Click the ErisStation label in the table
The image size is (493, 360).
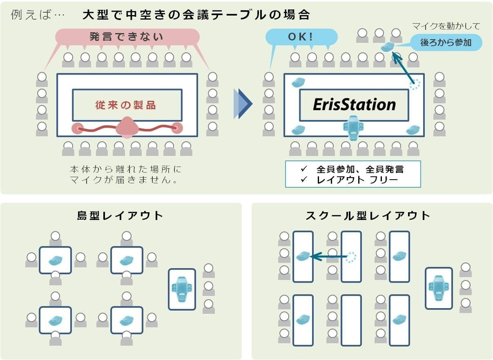pyautogui.click(x=354, y=104)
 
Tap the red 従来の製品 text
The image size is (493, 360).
pyautogui.click(x=126, y=105)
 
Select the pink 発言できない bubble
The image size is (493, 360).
pyautogui.click(x=126, y=37)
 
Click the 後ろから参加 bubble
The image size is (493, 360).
pyautogui.click(x=446, y=43)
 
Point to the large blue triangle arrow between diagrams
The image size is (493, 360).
pyautogui.click(x=243, y=103)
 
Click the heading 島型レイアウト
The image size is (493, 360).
pyautogui.click(x=121, y=215)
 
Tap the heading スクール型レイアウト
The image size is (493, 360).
pyautogui.click(x=367, y=215)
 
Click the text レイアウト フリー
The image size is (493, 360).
pyautogui.click(x=357, y=180)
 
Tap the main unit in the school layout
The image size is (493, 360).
pyautogui.click(x=438, y=288)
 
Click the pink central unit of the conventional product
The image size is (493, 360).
pyautogui.click(x=126, y=127)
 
